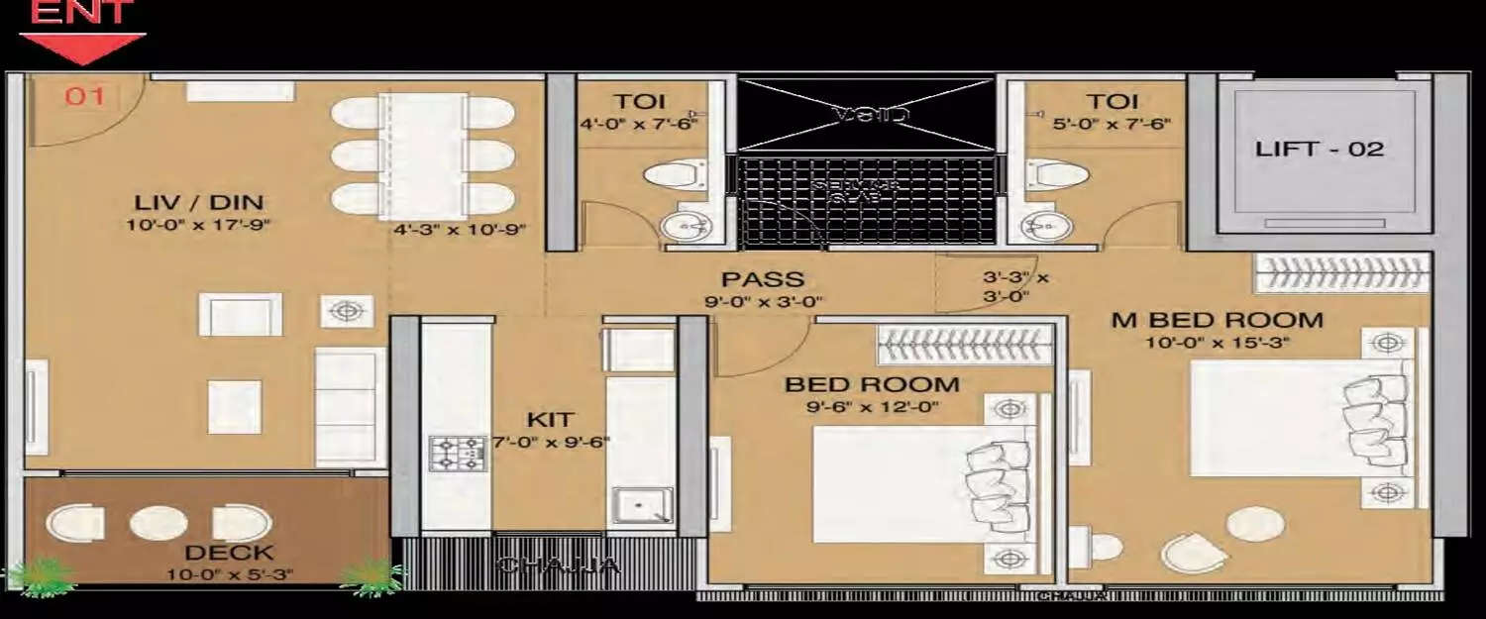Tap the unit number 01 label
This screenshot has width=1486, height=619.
coord(84,97)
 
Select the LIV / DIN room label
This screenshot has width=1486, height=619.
coord(199,203)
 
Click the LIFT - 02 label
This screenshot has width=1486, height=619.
coord(1319,150)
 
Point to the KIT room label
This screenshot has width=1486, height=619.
coord(550,420)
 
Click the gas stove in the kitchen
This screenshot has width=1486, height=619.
coord(455,454)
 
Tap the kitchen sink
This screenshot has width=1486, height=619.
coord(640,505)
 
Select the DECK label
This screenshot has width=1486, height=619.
coord(229,553)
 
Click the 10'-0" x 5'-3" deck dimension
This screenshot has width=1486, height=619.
coord(230,573)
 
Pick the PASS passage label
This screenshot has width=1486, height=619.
coord(762,280)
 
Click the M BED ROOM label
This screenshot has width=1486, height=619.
coord(1218,320)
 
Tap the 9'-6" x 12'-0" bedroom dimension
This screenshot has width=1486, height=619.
coord(872,406)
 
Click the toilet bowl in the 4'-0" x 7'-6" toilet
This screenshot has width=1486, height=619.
coord(675,177)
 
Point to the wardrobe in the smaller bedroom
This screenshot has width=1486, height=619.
coord(962,345)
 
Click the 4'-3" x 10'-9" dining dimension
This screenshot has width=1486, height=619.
coord(459,230)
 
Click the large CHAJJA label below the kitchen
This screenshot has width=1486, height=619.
coord(558,566)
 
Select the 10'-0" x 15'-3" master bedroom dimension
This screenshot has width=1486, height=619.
coord(1218,343)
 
